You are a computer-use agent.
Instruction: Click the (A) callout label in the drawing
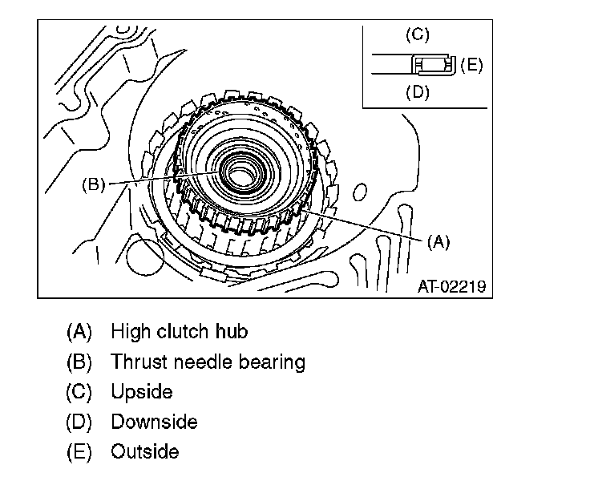click(438, 242)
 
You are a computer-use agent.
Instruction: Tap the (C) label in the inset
click(417, 34)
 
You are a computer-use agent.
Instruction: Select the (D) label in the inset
click(417, 92)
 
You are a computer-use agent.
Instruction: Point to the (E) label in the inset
click(471, 65)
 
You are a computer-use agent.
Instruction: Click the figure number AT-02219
click(451, 285)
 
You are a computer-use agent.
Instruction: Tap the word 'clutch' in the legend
click(184, 331)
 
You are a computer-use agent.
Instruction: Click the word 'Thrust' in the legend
click(138, 362)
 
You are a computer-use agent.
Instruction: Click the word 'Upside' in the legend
click(142, 392)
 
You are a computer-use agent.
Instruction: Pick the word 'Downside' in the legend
click(154, 422)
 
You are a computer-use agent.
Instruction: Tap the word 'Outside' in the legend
click(145, 451)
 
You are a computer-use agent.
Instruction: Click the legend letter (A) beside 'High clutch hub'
click(79, 331)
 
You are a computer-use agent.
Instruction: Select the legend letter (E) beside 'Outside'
click(79, 451)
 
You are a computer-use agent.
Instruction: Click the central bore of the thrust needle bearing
click(239, 171)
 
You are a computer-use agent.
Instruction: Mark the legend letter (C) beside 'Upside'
click(79, 392)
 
